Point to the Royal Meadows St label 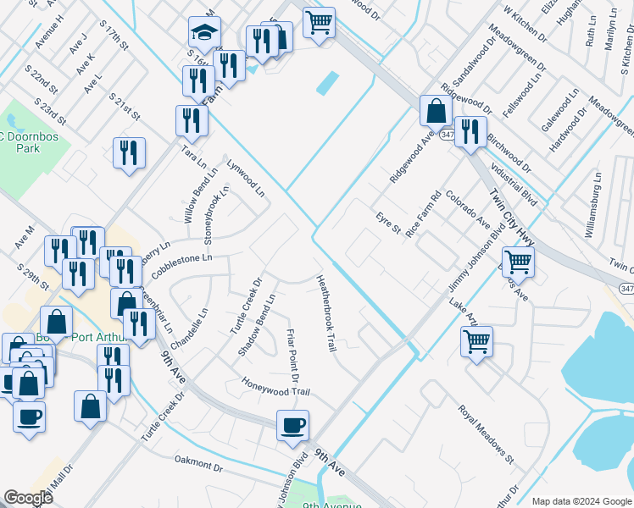pos(487,436)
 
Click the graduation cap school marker pos(204,33)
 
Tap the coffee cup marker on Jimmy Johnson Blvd pos(293,426)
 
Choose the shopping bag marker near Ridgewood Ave pos(436,111)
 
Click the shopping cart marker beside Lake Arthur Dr pos(477,343)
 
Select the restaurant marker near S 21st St pos(129,153)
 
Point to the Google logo pos(29,498)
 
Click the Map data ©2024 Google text pos(581,501)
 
